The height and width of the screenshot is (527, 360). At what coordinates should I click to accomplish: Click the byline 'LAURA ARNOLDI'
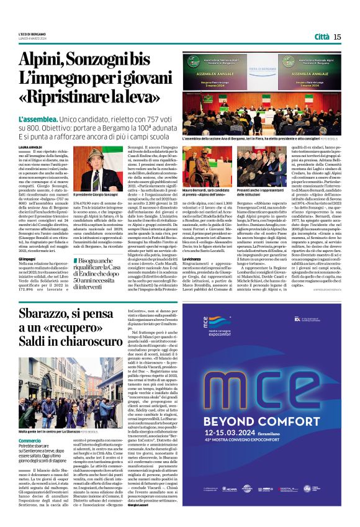pyautogui.click(x=31, y=146)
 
